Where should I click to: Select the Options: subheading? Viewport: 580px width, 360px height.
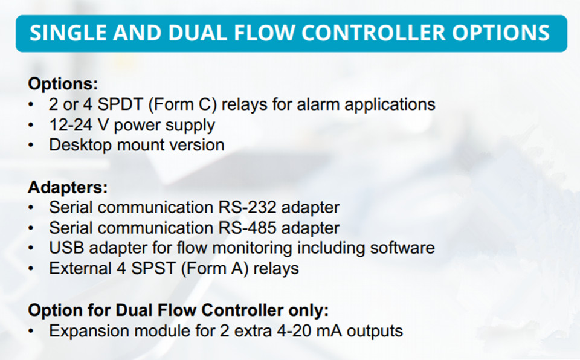coord(63,84)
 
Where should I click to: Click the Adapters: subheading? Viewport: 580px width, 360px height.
coord(68,188)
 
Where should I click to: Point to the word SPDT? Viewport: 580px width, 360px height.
coord(120,104)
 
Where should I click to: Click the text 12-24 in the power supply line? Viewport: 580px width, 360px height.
coord(70,125)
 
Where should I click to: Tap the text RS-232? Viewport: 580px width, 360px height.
coord(247,207)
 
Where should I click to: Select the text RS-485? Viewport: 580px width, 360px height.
coord(247,228)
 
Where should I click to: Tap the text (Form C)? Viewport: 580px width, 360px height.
coord(182,104)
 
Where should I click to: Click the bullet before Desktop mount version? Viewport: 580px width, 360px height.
coord(31,146)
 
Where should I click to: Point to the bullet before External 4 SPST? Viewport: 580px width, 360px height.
coord(31,269)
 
